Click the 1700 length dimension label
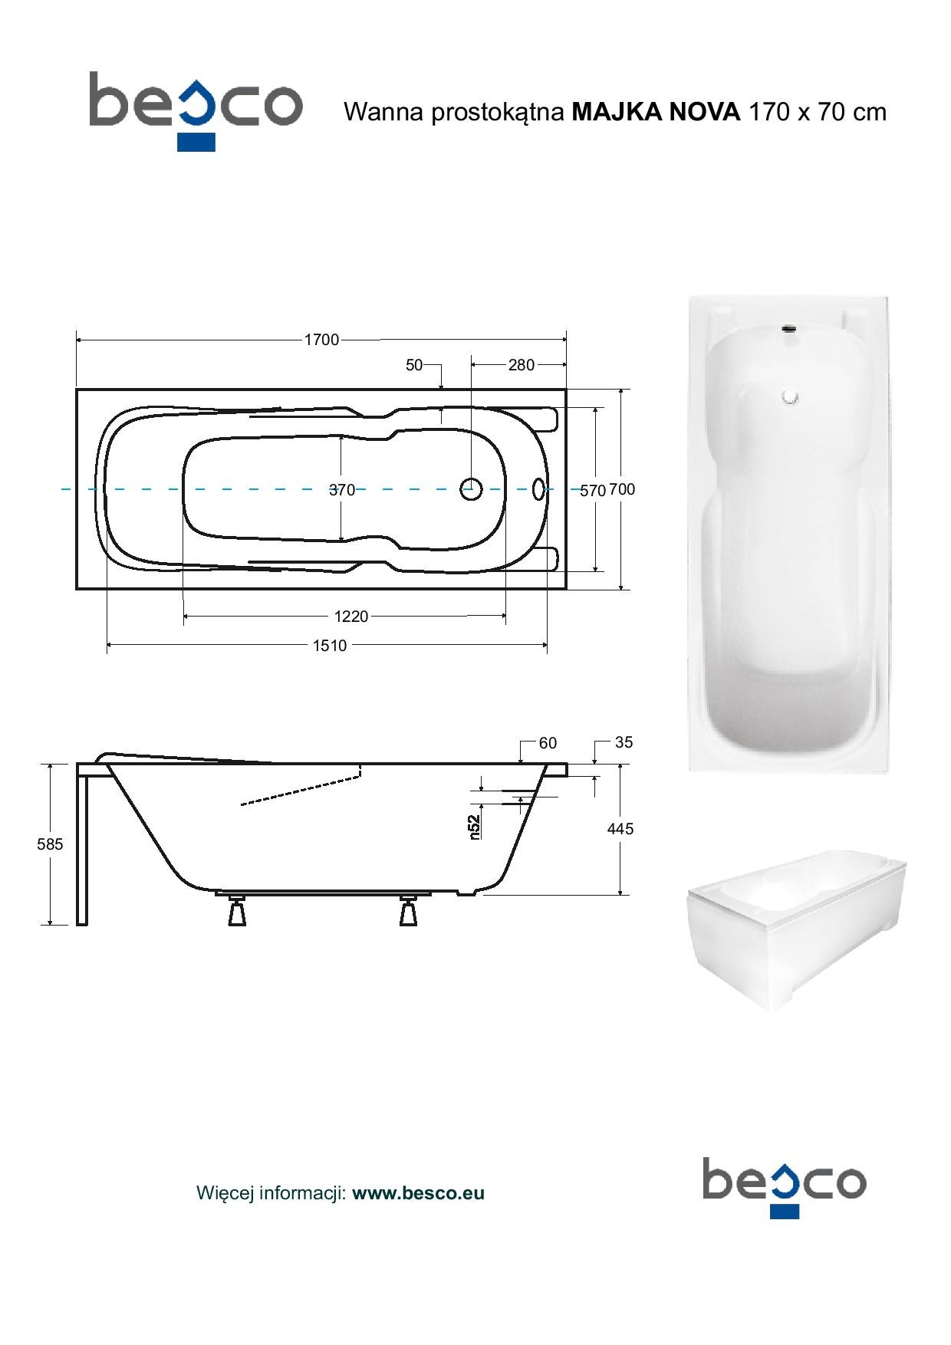[321, 340]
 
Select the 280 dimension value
[521, 365]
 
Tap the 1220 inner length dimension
[351, 616]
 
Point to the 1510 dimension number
[330, 646]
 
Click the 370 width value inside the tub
[342, 490]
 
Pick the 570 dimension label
[593, 491]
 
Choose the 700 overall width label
[622, 489]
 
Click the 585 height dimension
[50, 844]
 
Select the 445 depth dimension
[620, 829]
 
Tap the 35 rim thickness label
[624, 742]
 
